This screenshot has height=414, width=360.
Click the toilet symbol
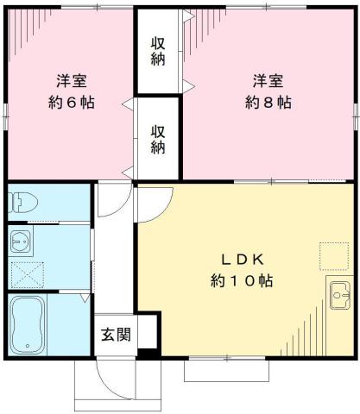pyautogui.click(x=23, y=203)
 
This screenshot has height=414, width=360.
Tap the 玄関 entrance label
pyautogui.click(x=115, y=335)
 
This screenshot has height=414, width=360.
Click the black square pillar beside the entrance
pyautogui.click(x=147, y=352)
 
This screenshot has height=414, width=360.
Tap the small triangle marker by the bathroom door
pyautogui.click(x=83, y=298)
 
